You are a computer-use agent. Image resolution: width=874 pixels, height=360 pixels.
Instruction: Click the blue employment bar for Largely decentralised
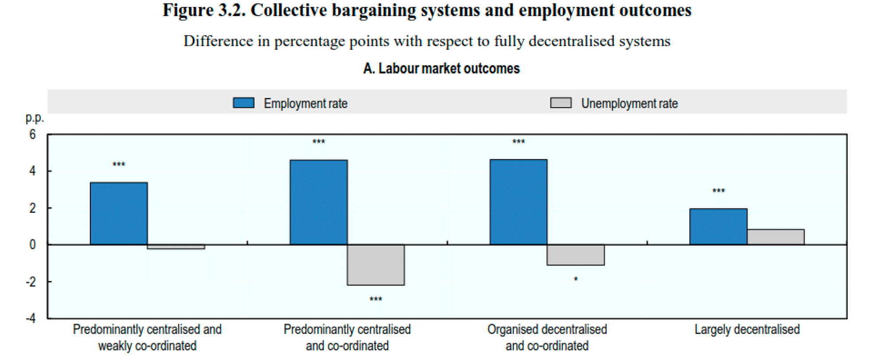[718, 227]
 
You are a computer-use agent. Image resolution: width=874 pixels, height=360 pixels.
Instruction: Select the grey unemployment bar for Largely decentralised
[776, 237]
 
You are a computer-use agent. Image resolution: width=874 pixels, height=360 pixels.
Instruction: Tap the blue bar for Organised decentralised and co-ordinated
[518, 202]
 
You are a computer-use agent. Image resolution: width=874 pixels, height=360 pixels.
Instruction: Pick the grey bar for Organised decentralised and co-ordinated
[575, 255]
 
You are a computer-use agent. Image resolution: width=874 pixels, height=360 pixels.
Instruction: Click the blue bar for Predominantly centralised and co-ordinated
[319, 202]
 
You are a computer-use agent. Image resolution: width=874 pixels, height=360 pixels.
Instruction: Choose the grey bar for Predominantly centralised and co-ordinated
[376, 265]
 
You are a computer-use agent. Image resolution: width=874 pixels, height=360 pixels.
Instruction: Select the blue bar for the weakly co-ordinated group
[119, 213]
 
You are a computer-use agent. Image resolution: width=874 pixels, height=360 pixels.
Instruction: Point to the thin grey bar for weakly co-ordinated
[176, 247]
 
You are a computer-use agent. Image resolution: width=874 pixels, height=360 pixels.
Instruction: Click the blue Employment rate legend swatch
[244, 103]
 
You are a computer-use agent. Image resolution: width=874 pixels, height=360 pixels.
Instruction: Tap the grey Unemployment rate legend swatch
[561, 103]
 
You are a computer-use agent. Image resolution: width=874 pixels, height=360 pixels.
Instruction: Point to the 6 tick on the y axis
[32, 134]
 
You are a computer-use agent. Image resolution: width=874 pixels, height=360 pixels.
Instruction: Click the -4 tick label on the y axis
[31, 318]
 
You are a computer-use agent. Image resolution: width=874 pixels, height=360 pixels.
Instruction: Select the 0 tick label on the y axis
[32, 245]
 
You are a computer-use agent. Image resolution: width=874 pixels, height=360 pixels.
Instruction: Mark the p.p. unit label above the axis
[35, 118]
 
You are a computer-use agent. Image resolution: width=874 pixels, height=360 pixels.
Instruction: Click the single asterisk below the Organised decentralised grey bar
[575, 279]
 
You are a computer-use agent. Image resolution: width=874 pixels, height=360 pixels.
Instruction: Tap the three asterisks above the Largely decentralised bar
[718, 191]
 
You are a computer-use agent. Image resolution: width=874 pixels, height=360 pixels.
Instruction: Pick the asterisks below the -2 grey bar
[376, 299]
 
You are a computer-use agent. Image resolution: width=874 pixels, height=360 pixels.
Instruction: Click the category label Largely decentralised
[747, 329]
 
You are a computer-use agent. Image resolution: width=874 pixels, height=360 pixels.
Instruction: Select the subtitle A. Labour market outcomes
[441, 69]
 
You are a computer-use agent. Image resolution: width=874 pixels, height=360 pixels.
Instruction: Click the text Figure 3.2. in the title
[204, 10]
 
